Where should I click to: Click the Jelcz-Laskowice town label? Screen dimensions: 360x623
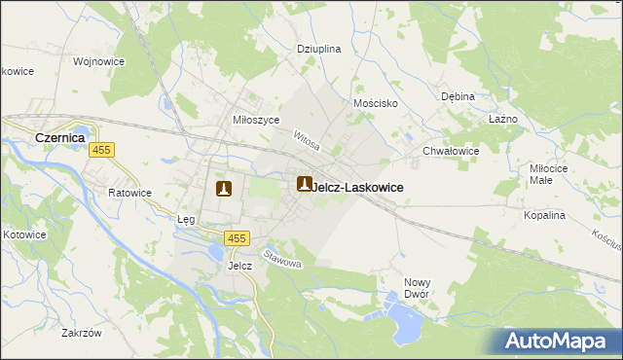(x=358, y=187)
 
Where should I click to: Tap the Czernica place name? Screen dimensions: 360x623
(x=60, y=138)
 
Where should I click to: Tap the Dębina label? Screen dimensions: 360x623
(x=458, y=96)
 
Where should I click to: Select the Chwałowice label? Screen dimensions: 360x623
(x=451, y=151)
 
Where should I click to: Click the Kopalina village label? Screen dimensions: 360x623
(x=544, y=215)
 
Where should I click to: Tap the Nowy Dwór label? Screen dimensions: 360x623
(x=418, y=288)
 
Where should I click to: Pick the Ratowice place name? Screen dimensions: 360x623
(x=129, y=193)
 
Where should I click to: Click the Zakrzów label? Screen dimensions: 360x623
(x=82, y=333)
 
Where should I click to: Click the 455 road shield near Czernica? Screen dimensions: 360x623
(x=101, y=151)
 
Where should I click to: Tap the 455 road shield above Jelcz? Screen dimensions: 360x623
(x=237, y=238)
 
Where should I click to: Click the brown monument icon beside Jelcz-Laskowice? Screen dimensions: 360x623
(x=305, y=184)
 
